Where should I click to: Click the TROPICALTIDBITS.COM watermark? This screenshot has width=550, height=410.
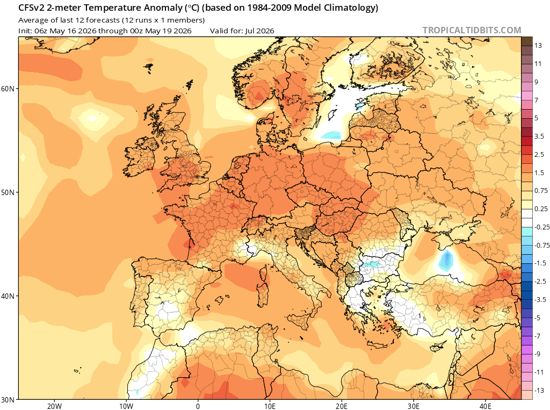point(472,30)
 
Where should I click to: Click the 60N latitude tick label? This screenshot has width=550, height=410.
point(8,89)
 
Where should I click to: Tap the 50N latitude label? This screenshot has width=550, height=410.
point(8,192)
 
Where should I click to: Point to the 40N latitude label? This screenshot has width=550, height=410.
point(8,296)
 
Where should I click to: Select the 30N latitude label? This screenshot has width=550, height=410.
point(8,400)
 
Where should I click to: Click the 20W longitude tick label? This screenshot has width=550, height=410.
point(54,406)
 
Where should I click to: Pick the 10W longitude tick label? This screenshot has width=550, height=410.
point(126,406)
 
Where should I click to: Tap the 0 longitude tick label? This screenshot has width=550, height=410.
point(198,406)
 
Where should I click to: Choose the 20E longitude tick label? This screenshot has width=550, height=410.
point(341,406)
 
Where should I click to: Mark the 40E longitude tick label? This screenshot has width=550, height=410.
point(485,406)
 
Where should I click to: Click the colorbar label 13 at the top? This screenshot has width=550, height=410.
point(538,46)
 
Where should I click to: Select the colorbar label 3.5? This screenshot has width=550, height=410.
point(539,136)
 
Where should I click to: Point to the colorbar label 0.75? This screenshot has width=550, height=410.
point(541,191)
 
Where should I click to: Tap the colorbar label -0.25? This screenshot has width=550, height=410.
point(542,227)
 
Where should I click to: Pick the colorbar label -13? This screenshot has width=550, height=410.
point(539,390)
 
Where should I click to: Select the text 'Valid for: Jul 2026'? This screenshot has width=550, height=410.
point(242,31)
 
